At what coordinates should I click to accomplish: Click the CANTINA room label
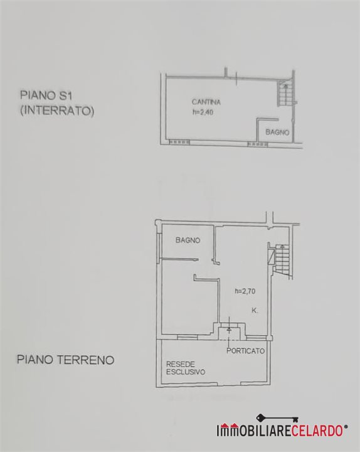206,102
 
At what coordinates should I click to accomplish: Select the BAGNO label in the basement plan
277,132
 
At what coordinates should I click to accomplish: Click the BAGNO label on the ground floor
188,240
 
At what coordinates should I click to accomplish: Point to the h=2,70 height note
245,291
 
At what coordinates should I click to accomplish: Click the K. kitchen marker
255,311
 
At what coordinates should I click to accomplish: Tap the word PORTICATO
245,351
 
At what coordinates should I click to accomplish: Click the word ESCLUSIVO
186,372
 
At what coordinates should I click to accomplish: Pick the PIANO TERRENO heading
66,360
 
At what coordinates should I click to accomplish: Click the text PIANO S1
46,95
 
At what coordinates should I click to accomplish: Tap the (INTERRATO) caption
57,111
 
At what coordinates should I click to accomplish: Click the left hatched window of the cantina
179,142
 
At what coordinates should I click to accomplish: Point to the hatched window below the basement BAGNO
258,144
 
